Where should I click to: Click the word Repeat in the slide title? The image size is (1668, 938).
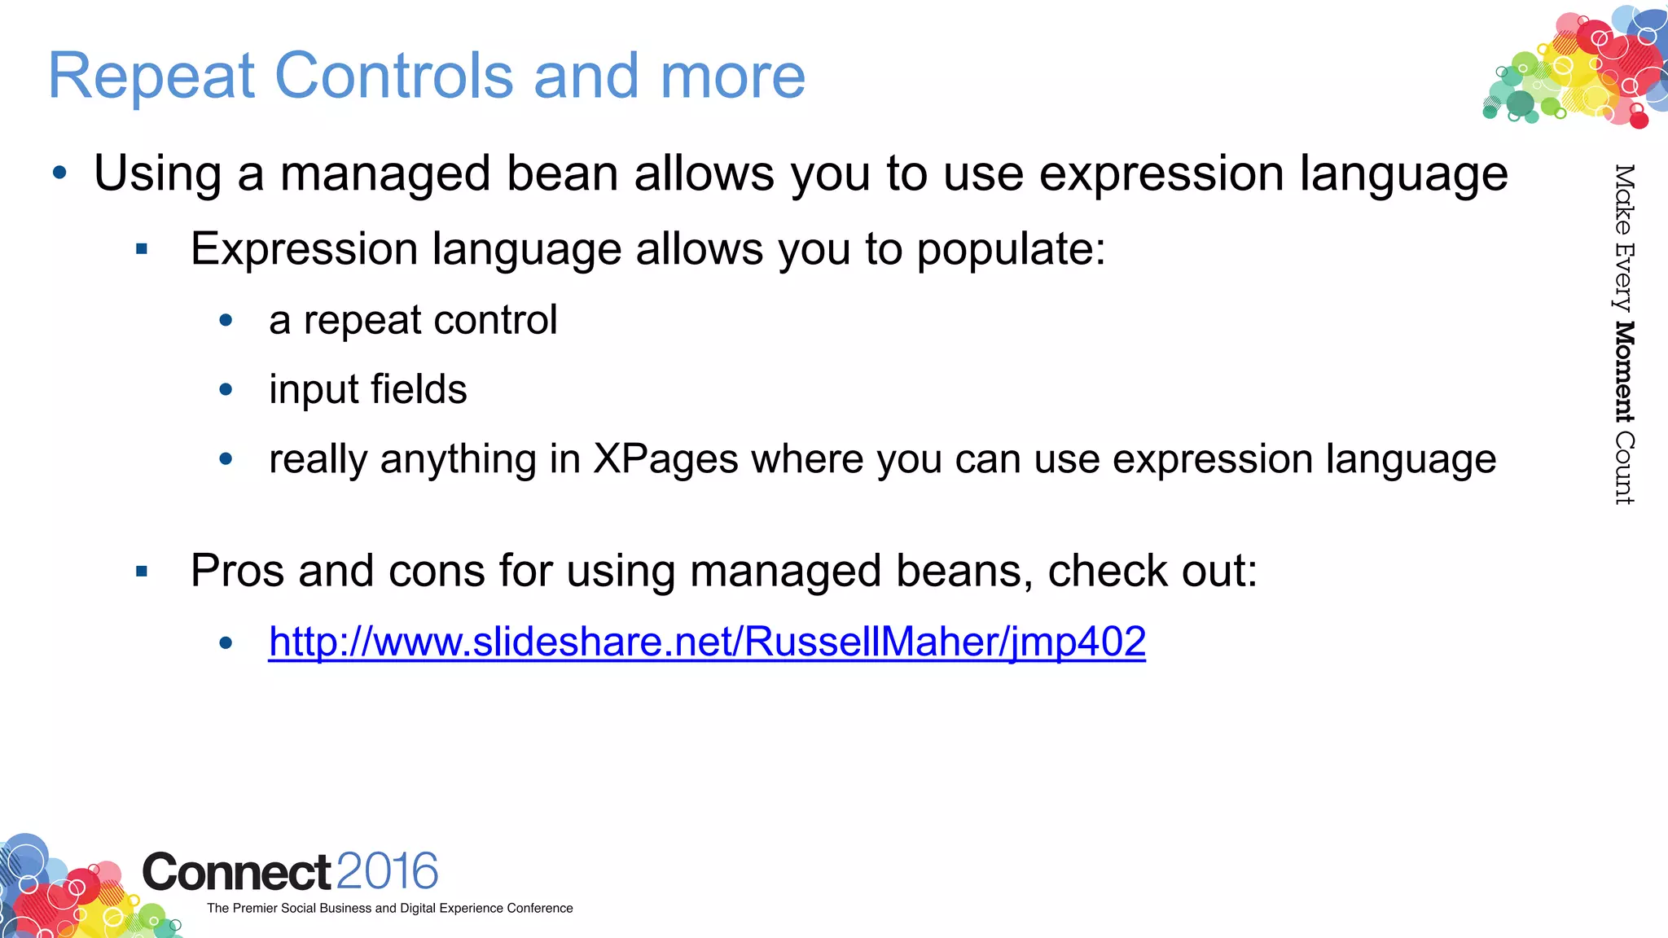151,77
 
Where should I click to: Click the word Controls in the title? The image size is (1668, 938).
394,77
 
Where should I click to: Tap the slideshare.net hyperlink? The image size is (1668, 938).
707,642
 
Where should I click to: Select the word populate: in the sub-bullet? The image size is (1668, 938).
1011,250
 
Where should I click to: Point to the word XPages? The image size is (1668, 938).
665,459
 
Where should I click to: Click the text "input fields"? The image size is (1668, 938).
368,389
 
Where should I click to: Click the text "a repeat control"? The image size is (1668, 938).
413,320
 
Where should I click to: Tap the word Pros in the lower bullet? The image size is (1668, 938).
237,571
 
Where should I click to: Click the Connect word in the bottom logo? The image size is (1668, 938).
236,873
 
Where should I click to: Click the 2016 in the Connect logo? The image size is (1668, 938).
387,872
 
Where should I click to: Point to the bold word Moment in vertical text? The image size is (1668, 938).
1624,372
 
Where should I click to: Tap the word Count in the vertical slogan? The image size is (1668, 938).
1624,468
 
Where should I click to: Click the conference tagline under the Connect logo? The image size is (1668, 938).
389,909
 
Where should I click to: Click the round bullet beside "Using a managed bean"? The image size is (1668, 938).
59,173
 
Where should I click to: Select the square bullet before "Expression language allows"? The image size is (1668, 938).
142,249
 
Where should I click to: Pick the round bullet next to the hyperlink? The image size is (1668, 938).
226,643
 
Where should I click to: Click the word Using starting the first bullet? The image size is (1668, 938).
158,174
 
